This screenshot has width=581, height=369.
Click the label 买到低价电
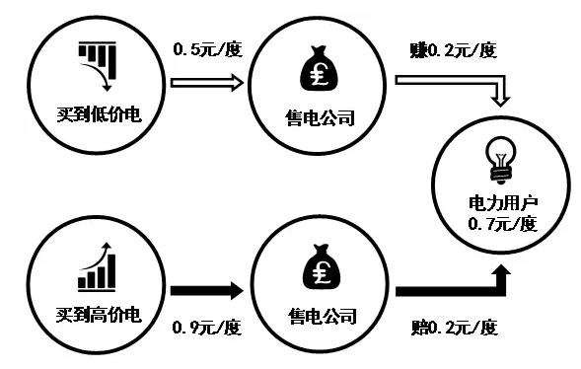[99, 114]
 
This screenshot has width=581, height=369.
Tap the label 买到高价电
[99, 316]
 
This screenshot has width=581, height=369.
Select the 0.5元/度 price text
[207, 48]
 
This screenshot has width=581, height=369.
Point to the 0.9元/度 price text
[207, 326]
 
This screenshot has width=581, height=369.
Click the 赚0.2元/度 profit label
[451, 48]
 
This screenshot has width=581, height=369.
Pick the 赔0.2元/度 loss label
[451, 326]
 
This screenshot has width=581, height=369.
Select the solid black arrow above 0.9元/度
[207, 291]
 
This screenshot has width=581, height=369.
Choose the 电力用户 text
[503, 203]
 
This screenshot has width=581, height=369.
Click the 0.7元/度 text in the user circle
[503, 224]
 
